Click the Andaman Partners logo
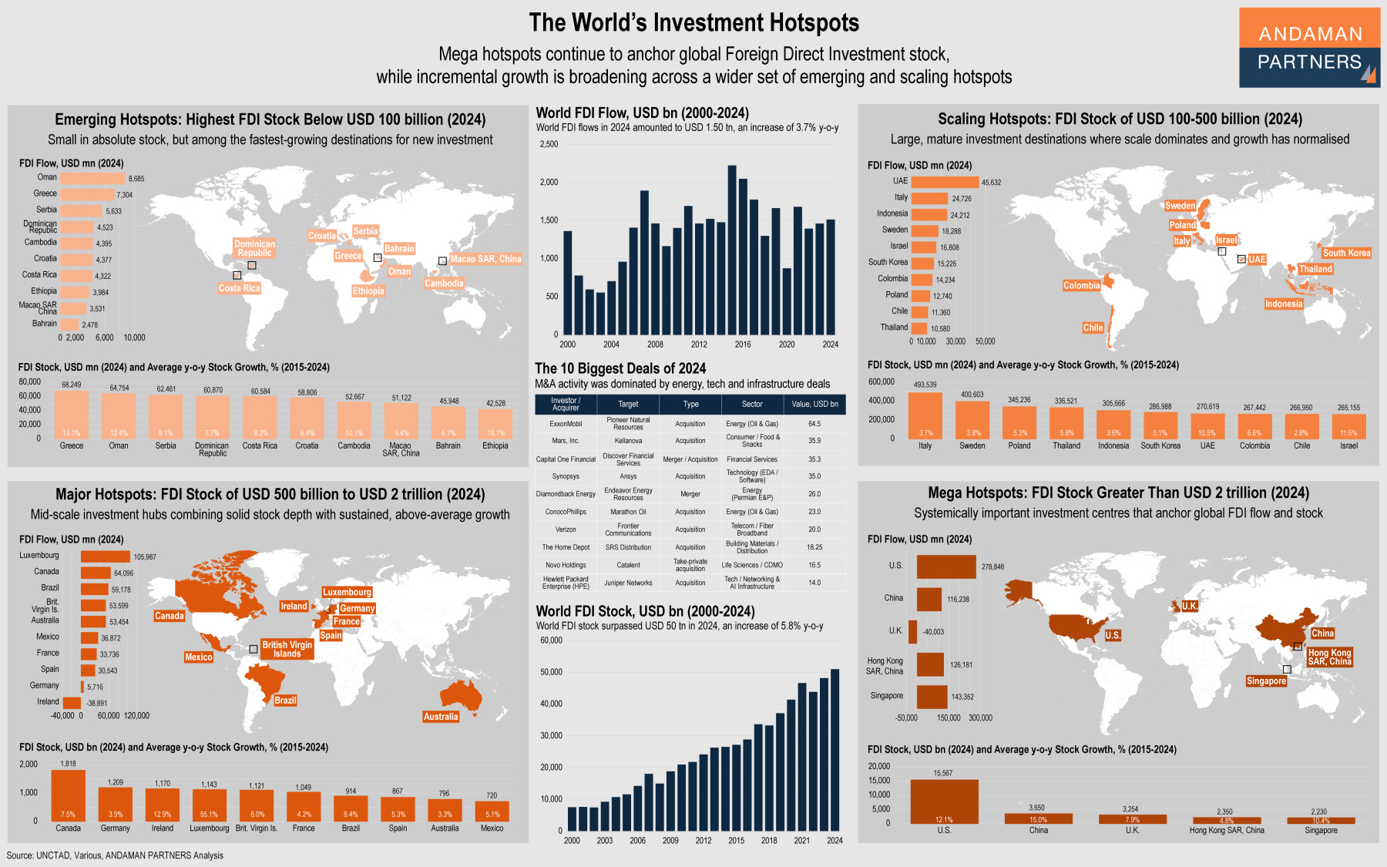(x=1309, y=48)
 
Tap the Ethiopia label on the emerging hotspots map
(x=368, y=291)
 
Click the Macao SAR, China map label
(x=485, y=259)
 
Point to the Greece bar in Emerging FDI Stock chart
(x=72, y=415)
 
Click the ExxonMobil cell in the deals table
(x=566, y=424)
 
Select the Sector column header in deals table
(x=752, y=404)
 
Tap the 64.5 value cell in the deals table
(x=814, y=424)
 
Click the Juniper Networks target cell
(x=628, y=583)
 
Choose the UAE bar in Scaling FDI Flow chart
(x=945, y=182)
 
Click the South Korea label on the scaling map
(x=1346, y=253)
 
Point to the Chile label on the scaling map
(x=1093, y=328)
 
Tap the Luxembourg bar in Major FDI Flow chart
(x=106, y=556)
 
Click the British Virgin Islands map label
(x=287, y=649)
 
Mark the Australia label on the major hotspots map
(x=441, y=717)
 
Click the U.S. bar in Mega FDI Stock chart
(x=944, y=801)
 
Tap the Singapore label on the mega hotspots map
(x=1266, y=681)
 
